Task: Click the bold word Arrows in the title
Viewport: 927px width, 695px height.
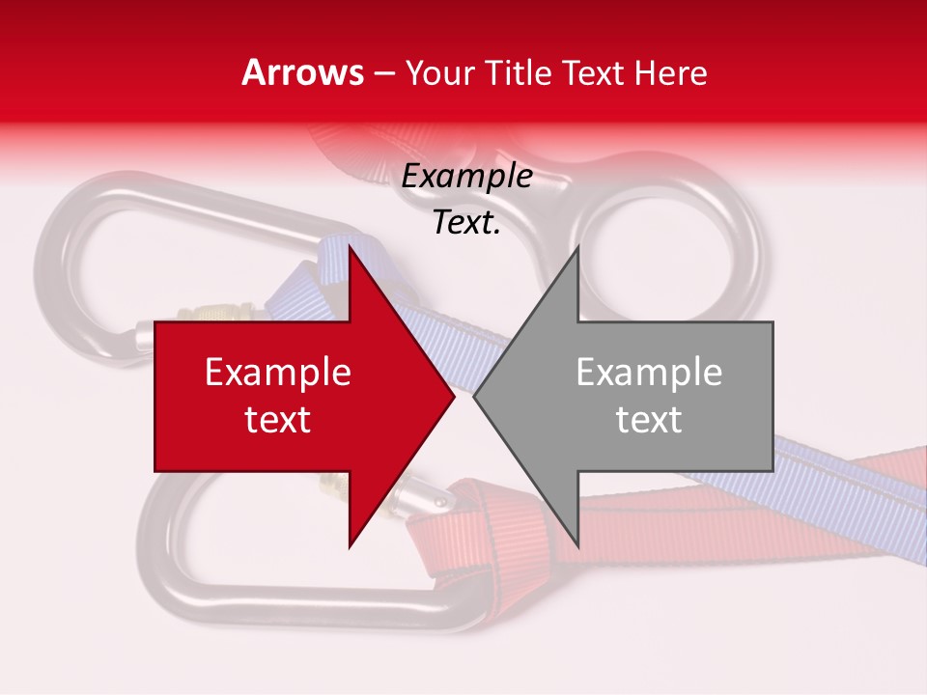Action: click(x=302, y=72)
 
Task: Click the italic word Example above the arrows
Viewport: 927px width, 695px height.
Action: click(x=466, y=177)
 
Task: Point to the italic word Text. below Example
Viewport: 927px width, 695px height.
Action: click(x=466, y=222)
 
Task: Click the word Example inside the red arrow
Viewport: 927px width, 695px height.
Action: click(x=277, y=373)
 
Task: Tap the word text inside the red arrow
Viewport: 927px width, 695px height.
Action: click(x=277, y=419)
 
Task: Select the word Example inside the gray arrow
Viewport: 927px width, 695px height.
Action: click(x=649, y=373)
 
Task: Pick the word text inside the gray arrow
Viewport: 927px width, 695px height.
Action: click(x=649, y=419)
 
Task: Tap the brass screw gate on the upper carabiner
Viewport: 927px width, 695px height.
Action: click(x=217, y=315)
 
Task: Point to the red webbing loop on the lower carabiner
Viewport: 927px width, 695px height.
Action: click(x=454, y=541)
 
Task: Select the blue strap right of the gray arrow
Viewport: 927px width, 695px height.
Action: click(x=840, y=463)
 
